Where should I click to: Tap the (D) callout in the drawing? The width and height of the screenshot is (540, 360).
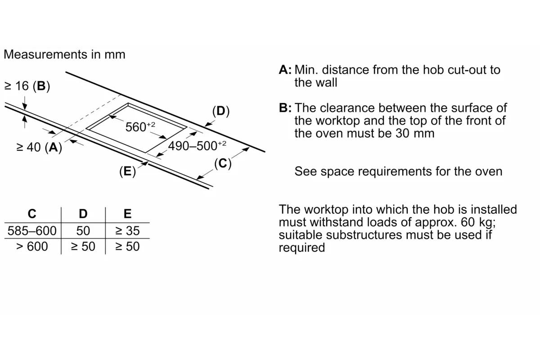tap(220, 111)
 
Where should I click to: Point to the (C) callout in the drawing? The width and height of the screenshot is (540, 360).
tap(222, 163)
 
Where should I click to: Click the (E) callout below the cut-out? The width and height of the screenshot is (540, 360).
tap(127, 171)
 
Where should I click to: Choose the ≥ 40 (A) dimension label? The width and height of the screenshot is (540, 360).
tap(39, 147)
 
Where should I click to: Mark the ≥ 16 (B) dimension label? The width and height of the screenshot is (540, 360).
tap(27, 86)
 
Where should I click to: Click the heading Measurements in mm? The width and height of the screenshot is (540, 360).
tap(64, 54)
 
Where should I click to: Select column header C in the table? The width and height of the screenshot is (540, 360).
tap(32, 214)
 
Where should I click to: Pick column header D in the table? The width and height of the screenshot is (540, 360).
tap(83, 214)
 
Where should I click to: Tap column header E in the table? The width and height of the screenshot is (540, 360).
tap(127, 214)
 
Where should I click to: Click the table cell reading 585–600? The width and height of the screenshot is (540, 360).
tap(32, 231)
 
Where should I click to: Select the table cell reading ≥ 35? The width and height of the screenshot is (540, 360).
tap(127, 231)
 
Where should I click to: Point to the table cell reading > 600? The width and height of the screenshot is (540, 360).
tap(32, 247)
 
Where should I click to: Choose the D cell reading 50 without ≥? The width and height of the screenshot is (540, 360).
tap(83, 231)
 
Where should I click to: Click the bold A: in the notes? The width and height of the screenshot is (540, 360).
tap(285, 70)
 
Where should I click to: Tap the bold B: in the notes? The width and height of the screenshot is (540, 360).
tap(285, 108)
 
